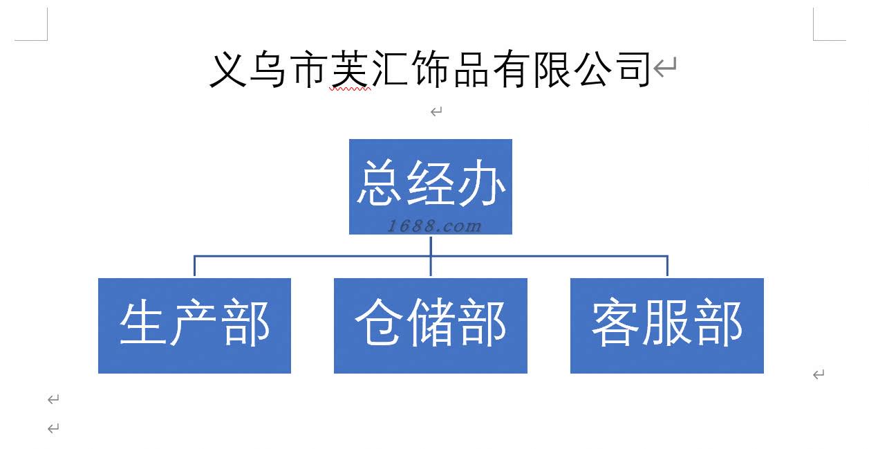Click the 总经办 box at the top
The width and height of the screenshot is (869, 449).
click(x=430, y=186)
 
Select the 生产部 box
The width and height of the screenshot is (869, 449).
click(x=194, y=325)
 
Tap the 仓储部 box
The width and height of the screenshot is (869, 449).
click(x=430, y=325)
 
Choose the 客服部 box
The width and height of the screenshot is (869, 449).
click(x=666, y=325)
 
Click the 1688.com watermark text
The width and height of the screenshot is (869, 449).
click(x=434, y=226)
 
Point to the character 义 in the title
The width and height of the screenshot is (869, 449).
click(x=228, y=69)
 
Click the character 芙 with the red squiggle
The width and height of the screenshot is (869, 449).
click(x=349, y=69)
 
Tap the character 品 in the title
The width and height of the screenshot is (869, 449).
click(x=471, y=69)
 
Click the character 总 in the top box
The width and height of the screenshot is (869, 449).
click(x=380, y=183)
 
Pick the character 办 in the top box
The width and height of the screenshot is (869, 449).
click(x=482, y=183)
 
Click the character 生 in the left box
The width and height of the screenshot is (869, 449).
click(x=144, y=323)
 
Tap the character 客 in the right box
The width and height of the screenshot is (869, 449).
click(x=616, y=323)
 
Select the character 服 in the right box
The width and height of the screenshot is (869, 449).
click(x=667, y=323)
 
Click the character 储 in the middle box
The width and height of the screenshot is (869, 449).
click(x=431, y=323)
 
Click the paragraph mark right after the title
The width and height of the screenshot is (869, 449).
click(x=665, y=68)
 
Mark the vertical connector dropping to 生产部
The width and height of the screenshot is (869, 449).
click(x=194, y=266)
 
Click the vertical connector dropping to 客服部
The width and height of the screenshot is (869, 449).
click(x=667, y=266)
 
